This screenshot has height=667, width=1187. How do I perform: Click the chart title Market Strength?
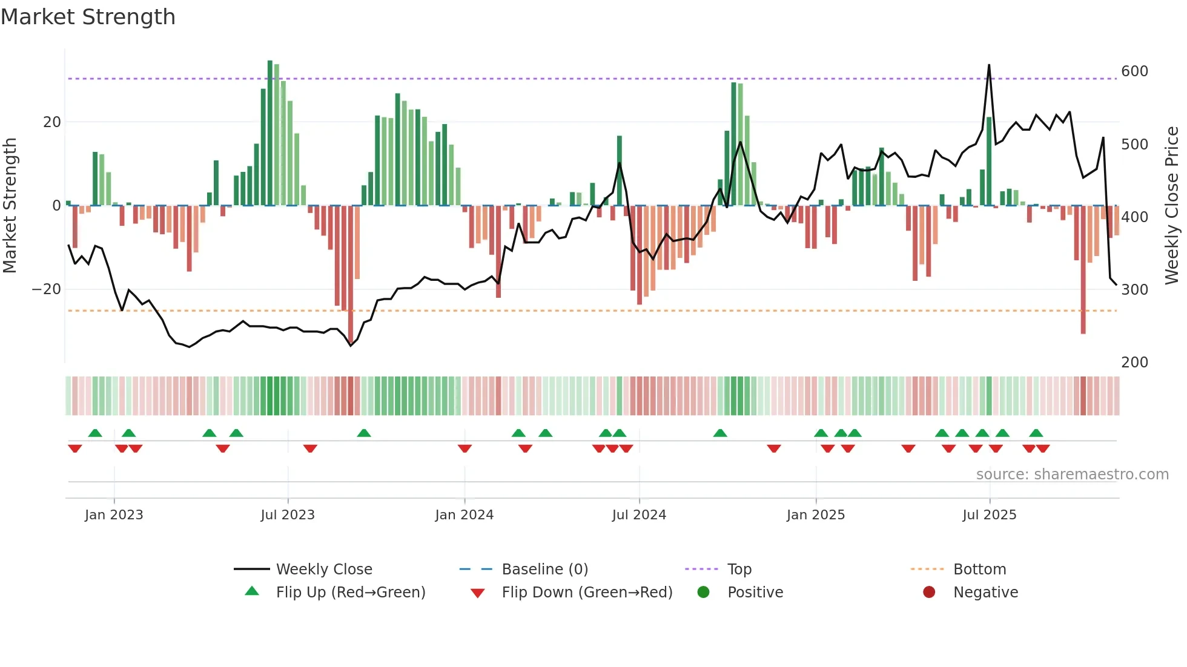[x=88, y=17]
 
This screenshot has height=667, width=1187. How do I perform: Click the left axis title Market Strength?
[x=10, y=206]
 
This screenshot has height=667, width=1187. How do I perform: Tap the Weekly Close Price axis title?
[x=1172, y=206]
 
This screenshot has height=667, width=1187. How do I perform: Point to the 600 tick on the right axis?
[x=1134, y=71]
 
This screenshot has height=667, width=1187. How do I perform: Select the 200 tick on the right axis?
[x=1134, y=362]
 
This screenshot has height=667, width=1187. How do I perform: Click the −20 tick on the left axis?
[x=47, y=289]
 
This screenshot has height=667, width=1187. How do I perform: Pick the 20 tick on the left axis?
[x=51, y=122]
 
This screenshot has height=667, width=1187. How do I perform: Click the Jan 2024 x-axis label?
[x=465, y=515]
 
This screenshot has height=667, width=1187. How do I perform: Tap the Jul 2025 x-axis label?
[x=990, y=515]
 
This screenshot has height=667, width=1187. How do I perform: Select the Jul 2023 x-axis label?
[x=288, y=515]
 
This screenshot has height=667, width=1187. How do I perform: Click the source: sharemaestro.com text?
[x=1072, y=475]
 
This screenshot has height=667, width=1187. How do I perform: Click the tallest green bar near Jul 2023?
[x=270, y=133]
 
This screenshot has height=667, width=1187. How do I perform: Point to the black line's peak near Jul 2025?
[x=989, y=65]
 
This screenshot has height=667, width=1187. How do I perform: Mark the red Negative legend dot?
[x=929, y=592]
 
